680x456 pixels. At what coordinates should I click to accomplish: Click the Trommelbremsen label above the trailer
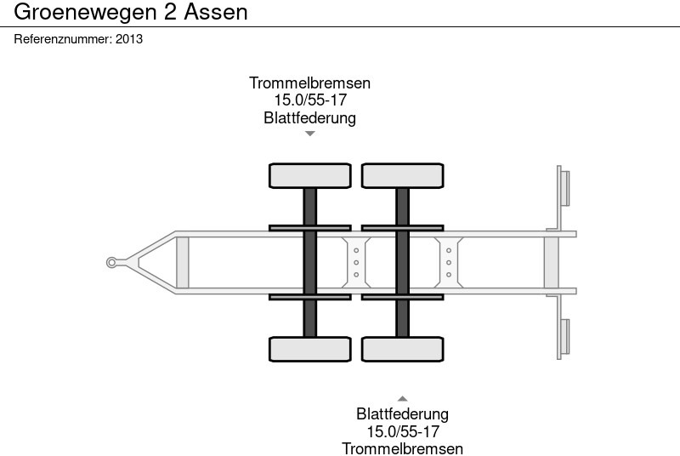[309, 83]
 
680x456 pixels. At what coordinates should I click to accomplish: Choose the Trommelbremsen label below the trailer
[402, 448]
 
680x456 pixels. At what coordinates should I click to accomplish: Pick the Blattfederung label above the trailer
[309, 118]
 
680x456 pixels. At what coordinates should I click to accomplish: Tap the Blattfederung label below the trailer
[402, 414]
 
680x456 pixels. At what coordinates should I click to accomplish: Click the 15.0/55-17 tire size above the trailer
[309, 100]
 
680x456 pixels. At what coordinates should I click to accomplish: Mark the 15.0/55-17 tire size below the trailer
[402, 431]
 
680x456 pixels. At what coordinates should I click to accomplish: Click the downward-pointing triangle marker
[310, 134]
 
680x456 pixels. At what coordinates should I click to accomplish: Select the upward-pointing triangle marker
[402, 398]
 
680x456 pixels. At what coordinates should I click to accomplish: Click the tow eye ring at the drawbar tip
[111, 262]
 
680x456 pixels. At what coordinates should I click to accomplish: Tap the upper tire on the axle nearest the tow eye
[310, 175]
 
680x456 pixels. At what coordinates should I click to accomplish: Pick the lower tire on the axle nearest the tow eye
[310, 349]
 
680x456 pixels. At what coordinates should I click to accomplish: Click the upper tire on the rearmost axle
[402, 175]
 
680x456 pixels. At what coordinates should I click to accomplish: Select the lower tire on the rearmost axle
[402, 349]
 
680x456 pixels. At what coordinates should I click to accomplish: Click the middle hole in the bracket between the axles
[356, 262]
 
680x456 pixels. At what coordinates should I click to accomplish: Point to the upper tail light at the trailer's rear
[564, 187]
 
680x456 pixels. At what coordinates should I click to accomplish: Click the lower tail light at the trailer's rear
[564, 337]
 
